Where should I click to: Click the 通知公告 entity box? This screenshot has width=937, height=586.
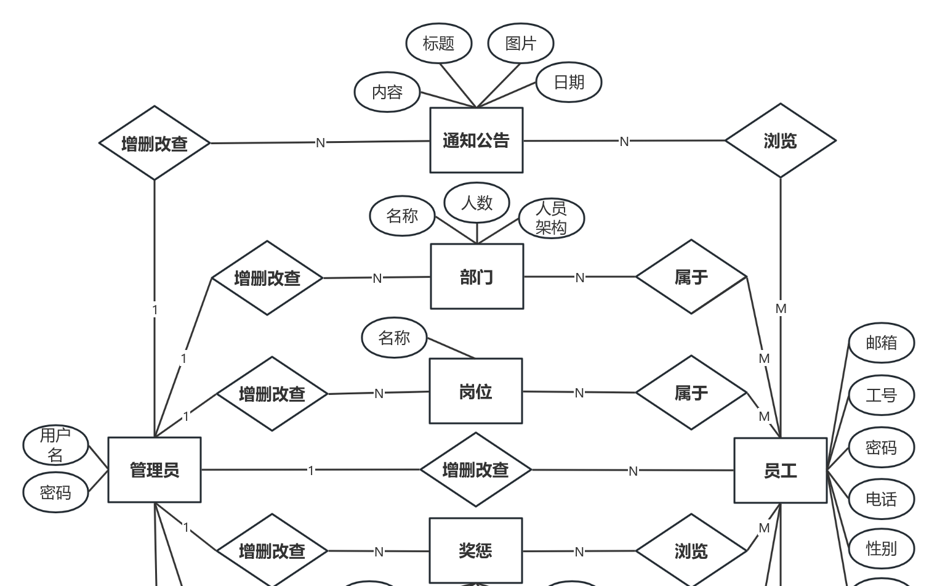click(x=476, y=140)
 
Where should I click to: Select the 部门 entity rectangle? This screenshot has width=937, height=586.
click(x=477, y=277)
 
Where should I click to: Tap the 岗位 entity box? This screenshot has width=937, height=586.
click(x=475, y=391)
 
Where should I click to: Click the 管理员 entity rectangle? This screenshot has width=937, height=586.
click(x=154, y=470)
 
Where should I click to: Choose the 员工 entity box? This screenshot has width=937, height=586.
click(x=780, y=471)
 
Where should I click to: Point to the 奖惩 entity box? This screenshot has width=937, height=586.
click(x=475, y=550)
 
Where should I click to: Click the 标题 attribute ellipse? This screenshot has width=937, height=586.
click(x=438, y=43)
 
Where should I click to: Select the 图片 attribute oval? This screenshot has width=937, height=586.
click(x=520, y=43)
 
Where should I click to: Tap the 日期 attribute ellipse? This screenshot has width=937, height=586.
click(x=568, y=82)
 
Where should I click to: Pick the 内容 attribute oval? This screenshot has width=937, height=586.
click(x=387, y=92)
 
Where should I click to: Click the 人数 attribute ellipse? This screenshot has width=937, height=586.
click(x=477, y=202)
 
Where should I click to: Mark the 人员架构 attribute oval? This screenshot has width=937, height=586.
click(x=551, y=218)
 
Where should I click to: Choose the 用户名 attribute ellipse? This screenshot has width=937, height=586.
click(x=55, y=445)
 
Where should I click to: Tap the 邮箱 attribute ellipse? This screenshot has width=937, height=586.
click(x=881, y=343)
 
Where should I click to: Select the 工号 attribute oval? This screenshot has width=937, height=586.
click(x=881, y=395)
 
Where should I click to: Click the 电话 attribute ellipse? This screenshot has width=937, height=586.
click(x=881, y=499)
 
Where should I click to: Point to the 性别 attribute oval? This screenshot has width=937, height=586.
click(x=881, y=548)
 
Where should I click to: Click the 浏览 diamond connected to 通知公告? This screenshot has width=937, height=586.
click(x=780, y=140)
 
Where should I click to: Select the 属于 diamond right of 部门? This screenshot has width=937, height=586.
click(x=691, y=277)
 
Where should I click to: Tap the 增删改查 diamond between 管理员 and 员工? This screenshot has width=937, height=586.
click(x=475, y=470)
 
